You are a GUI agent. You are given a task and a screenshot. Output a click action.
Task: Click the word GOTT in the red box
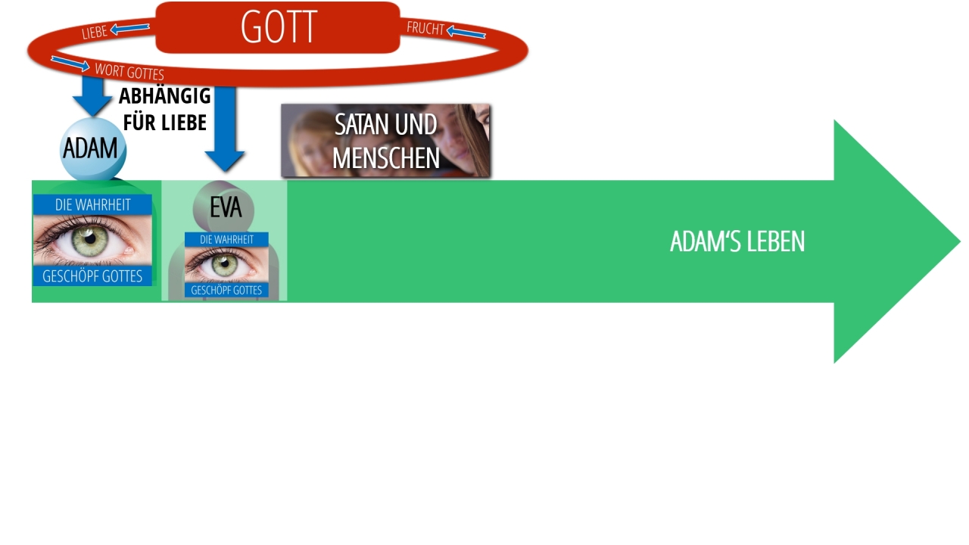coord(279,28)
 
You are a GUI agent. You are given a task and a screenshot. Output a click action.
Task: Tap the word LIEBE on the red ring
coord(95,33)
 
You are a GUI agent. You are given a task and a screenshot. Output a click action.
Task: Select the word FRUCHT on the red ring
coord(425,29)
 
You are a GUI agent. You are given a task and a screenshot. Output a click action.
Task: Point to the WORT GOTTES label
coord(129,72)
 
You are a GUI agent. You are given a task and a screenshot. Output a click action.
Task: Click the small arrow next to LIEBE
coord(129,29)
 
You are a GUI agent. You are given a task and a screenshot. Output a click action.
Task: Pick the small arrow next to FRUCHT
coord(466,32)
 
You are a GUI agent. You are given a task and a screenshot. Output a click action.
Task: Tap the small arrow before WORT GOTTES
coord(70,63)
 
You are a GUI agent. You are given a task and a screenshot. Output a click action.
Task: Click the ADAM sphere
coord(92,149)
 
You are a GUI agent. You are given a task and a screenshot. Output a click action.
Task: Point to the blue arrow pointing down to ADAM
coord(92,96)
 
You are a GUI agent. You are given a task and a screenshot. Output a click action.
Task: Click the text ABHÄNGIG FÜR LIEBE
coord(164,109)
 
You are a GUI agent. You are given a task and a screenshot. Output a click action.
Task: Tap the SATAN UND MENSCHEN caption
coord(385,141)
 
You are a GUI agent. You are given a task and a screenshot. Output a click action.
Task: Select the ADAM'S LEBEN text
coord(737,241)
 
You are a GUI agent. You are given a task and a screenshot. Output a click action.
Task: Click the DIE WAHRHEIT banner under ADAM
coord(92,204)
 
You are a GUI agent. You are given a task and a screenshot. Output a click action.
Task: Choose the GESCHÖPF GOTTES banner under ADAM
coord(92,276)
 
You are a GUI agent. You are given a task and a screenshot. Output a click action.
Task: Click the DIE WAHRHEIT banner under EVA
coord(226,239)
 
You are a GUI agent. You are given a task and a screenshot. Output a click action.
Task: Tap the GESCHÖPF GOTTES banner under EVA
coord(226,290)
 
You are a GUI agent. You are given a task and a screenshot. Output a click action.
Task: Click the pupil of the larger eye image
coord(89,239)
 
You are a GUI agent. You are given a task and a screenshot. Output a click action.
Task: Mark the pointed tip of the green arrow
coord(958,241)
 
